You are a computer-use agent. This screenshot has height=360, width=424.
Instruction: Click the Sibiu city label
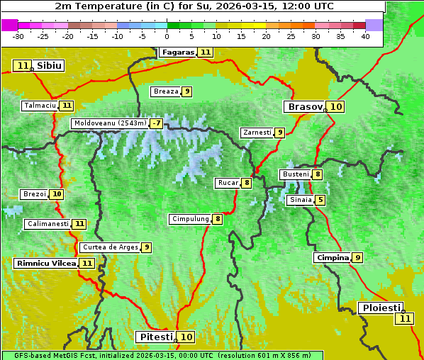49,66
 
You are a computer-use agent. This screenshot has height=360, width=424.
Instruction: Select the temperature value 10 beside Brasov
336,107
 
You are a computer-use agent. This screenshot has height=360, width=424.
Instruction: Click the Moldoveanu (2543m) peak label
110,123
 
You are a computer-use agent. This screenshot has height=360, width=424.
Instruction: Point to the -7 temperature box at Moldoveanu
156,123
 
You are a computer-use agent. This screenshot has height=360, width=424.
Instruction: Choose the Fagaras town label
178,52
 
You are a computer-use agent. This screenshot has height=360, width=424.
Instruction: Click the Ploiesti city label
381,308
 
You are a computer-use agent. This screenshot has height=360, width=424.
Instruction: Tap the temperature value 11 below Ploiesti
404,319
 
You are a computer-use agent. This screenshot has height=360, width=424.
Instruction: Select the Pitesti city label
155,337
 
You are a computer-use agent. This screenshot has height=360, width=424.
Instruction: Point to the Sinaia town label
300,200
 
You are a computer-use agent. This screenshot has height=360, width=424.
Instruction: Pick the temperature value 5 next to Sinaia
320,200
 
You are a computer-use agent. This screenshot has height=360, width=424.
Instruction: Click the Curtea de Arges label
109,247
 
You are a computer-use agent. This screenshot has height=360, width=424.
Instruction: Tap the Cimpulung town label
190,219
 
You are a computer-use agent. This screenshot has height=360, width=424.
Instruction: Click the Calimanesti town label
48,224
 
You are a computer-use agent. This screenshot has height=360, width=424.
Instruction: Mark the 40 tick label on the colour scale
365,36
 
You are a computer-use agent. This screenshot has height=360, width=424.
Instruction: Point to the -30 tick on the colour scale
18,36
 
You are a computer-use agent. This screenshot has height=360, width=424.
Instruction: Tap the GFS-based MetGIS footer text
162,355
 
